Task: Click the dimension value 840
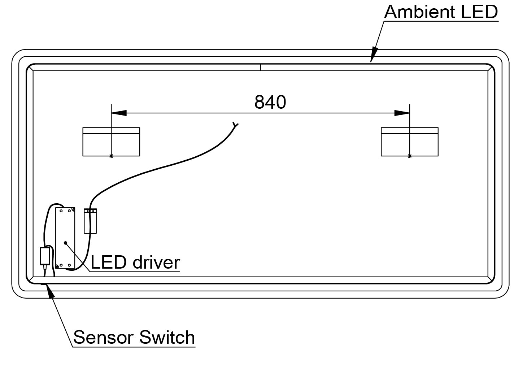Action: point(270,102)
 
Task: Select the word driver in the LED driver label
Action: point(156,262)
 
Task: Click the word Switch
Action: point(167,338)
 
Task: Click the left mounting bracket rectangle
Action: point(111,142)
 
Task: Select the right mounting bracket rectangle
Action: point(410,142)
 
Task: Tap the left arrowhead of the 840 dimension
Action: point(119,113)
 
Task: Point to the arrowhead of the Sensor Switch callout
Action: point(51,291)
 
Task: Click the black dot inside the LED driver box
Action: point(65,243)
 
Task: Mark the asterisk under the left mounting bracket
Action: point(111,156)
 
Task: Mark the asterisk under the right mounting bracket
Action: point(409,156)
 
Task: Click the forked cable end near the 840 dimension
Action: point(235,125)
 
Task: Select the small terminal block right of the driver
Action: point(91,221)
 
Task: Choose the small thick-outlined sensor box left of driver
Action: point(45,256)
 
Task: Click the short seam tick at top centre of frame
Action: point(260,67)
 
